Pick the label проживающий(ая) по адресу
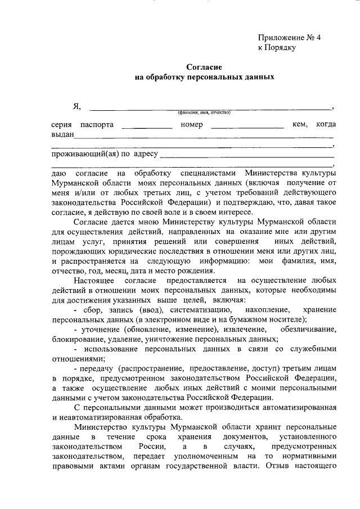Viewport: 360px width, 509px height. [x=105, y=153]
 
